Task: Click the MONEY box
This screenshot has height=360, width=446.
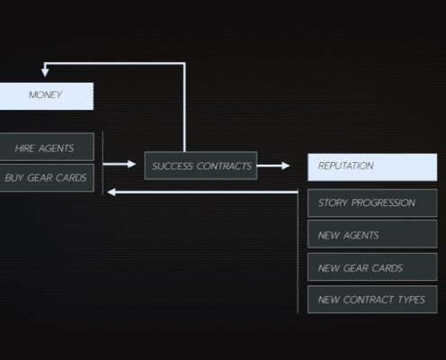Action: (x=47, y=96)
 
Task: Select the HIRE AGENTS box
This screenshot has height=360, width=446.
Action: (x=47, y=147)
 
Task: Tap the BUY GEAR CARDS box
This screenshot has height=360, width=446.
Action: (x=47, y=177)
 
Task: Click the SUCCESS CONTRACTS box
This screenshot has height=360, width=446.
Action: (x=201, y=166)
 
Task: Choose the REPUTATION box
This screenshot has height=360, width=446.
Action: (x=372, y=167)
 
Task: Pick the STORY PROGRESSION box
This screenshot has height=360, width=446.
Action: (x=372, y=202)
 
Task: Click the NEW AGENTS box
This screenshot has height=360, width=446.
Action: (x=372, y=234)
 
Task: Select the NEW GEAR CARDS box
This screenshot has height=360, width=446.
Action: (x=372, y=267)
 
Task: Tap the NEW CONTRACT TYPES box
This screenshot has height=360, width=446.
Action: (x=372, y=300)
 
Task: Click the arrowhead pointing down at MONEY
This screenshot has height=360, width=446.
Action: (x=45, y=73)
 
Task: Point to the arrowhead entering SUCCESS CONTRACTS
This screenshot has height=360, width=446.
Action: (x=132, y=164)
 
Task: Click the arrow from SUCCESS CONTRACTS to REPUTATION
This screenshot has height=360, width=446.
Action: (x=273, y=166)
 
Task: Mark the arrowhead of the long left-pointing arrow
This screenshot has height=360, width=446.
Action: (x=112, y=192)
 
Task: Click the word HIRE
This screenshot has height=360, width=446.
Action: (x=25, y=148)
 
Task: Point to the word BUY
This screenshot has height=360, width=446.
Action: (x=14, y=178)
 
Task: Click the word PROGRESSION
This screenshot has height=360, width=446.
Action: (x=384, y=202)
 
